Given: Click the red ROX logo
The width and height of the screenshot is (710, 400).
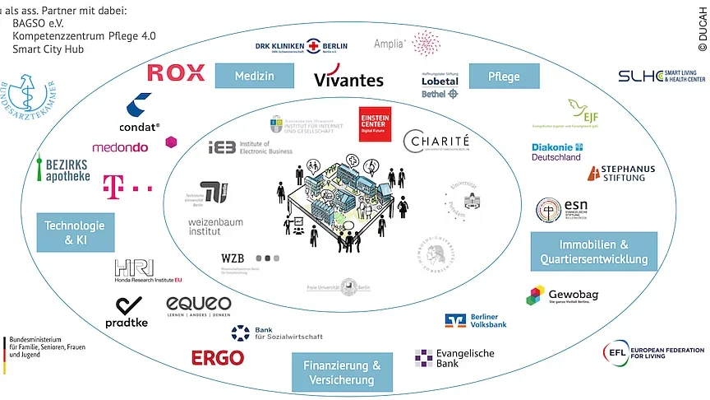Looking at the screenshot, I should coord(176,72).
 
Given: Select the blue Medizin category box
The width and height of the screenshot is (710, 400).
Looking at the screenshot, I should coord(255,77).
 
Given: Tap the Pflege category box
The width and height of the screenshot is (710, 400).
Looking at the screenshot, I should coord(504,77).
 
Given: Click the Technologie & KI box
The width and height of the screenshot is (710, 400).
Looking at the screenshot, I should coord(75,232).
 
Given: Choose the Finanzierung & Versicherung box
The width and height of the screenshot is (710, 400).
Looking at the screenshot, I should coord(342,372).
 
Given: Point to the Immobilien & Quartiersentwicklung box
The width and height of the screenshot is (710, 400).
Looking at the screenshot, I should coord(593,252).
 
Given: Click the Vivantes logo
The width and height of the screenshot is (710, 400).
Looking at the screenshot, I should coord(348,80).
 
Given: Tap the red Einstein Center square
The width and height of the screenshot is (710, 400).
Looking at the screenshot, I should coord(375,123).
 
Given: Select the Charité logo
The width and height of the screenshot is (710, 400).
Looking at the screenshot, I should coord(436,142).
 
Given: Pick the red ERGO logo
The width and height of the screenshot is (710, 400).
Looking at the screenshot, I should coord(218,358).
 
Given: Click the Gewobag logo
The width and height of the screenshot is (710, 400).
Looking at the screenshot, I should coord(562,295).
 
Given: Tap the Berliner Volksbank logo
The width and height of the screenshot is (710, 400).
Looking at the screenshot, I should coord(476,320).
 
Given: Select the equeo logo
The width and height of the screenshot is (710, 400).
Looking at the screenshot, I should coord(198,305).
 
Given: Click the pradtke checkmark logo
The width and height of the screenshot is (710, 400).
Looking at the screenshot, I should coord(127,311).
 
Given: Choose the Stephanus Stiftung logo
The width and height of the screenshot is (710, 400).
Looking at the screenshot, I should coord(621,173).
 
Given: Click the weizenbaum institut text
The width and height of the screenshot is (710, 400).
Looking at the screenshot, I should coord(216,227).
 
